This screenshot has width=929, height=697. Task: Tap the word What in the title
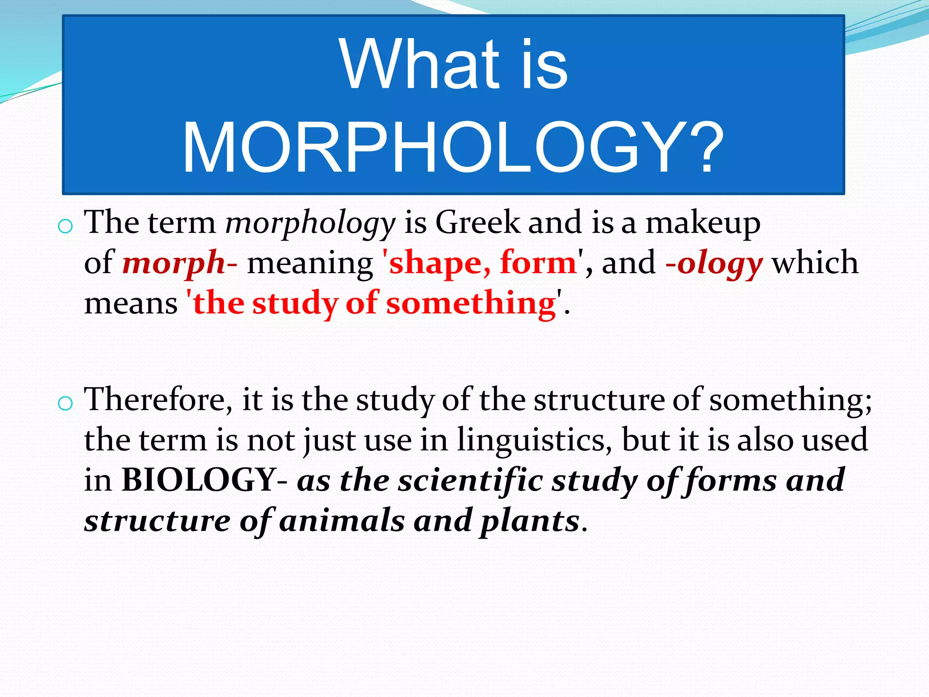tap(419, 64)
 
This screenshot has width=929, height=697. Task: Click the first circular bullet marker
tap(66, 226)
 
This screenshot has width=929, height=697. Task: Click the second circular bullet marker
tap(66, 403)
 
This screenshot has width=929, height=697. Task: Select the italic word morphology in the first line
tap(310, 223)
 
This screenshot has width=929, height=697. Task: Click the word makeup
tap(703, 223)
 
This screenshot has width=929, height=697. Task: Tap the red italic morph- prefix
tap(180, 263)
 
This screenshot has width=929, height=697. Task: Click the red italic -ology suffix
tap(714, 263)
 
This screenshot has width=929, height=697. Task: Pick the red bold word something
tap(471, 303)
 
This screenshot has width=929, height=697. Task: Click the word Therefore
tap(159, 399)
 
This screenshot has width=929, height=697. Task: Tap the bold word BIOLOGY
tap(200, 480)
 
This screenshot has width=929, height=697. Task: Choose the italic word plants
tap(529, 521)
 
